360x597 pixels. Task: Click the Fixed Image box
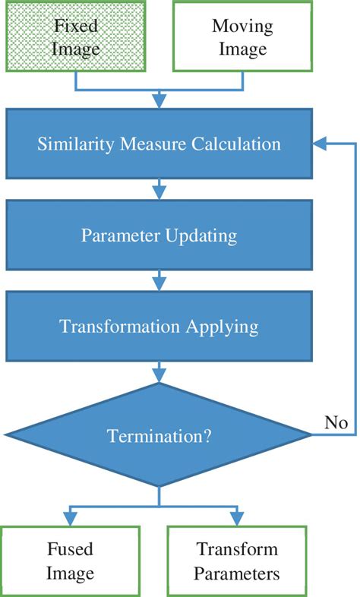tap(75, 37)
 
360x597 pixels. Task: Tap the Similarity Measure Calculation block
tap(159, 144)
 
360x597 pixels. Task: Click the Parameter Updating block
tap(159, 235)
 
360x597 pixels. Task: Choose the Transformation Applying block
tap(159, 327)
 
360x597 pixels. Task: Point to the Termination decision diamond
tap(159, 436)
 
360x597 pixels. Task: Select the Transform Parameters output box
tap(237, 561)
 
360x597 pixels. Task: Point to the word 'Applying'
tap(221, 327)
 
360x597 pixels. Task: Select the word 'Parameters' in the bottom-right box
tap(237, 573)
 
